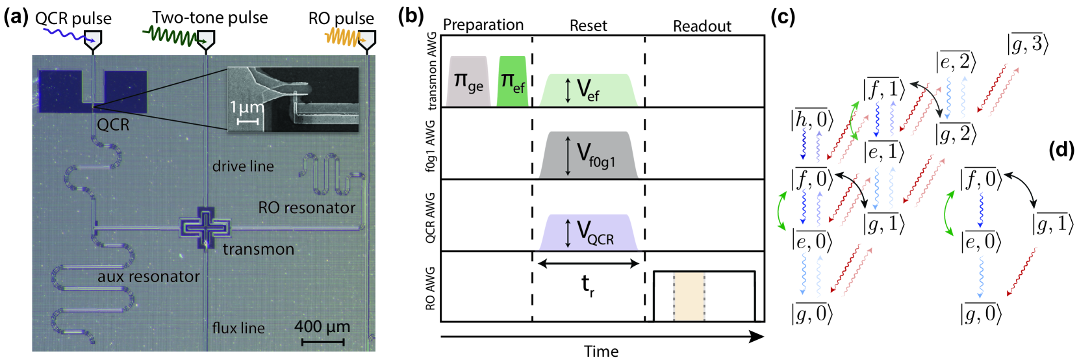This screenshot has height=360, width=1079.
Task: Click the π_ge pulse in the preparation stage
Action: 468,82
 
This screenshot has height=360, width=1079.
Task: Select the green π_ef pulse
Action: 512,82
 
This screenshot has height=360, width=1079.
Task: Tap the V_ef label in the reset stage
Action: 587,90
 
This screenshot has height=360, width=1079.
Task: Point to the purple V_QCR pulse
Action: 588,232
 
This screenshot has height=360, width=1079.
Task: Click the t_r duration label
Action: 587,284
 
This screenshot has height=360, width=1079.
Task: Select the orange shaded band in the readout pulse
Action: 689,296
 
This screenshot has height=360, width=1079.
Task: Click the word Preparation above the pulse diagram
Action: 483,25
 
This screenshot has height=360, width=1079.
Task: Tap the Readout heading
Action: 702,26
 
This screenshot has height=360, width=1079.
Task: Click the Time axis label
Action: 601,352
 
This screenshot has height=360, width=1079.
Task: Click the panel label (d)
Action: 1061,150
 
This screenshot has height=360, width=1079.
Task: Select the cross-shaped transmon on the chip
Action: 205,227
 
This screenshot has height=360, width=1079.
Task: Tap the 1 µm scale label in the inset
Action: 248,108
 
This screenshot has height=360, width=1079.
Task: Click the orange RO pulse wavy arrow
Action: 344,39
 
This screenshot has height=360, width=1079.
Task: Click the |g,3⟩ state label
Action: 1028,44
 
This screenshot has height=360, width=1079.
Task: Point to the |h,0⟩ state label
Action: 809,120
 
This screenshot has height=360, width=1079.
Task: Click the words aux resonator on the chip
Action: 148,277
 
